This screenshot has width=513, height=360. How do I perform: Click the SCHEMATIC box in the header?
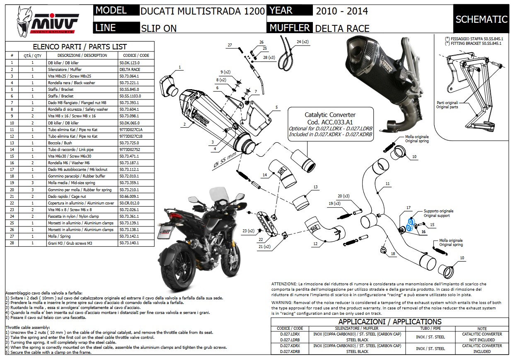(x=481, y=19)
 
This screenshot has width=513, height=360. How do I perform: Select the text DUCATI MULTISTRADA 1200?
(x=203, y=11)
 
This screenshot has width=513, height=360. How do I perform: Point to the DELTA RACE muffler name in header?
(x=342, y=28)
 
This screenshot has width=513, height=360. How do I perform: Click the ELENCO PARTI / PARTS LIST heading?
(x=80, y=47)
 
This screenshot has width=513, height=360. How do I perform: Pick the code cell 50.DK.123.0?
(x=129, y=63)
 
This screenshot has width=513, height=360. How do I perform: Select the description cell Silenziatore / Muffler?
(x=70, y=69)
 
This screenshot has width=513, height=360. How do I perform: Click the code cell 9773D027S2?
(x=130, y=149)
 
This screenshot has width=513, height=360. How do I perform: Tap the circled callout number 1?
(x=180, y=67)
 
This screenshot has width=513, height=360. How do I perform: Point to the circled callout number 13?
(x=315, y=187)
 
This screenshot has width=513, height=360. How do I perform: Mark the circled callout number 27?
(x=230, y=45)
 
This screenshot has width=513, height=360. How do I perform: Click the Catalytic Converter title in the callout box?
(x=330, y=115)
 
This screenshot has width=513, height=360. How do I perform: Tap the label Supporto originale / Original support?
(x=438, y=213)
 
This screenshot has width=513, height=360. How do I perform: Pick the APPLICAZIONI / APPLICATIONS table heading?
(x=390, y=322)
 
